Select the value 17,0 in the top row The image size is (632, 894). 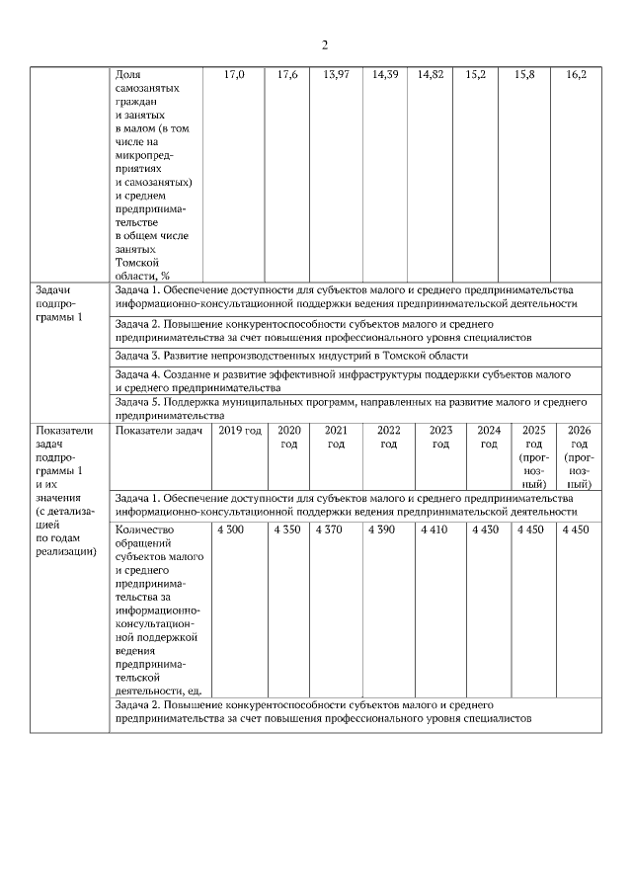(234, 75)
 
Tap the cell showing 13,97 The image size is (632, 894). (336, 75)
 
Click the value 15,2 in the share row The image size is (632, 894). (474, 75)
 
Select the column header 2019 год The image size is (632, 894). (240, 430)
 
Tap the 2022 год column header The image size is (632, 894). (388, 437)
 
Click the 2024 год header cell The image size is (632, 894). (489, 437)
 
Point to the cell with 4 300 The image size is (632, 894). (229, 530)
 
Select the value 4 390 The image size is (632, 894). (380, 530)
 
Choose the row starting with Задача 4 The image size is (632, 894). (342, 380)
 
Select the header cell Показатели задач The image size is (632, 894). (158, 430)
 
